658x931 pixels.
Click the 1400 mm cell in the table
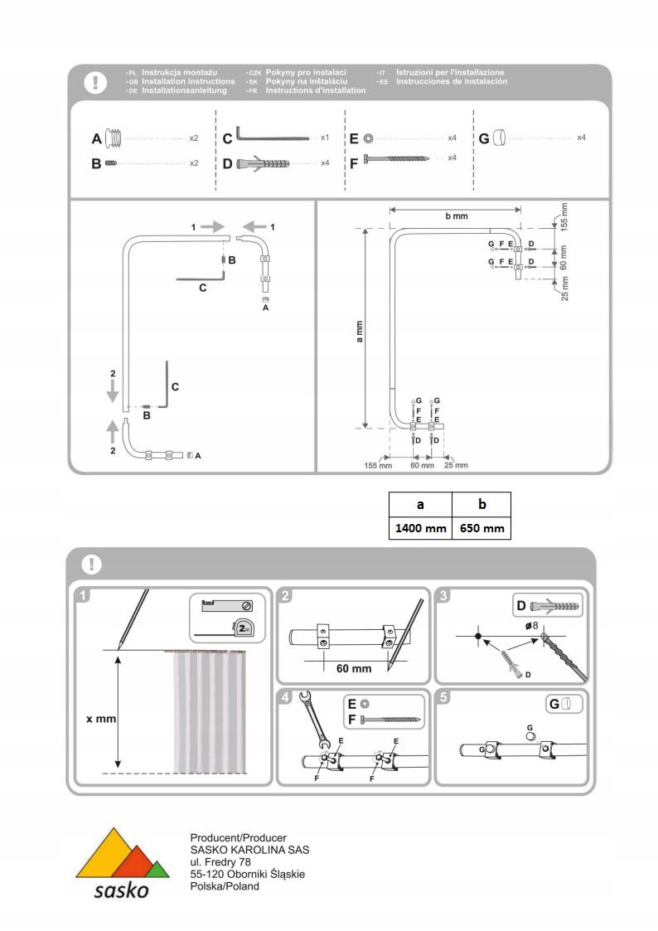[420, 528]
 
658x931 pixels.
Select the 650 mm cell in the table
[481, 528]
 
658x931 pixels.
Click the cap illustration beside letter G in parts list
[499, 137]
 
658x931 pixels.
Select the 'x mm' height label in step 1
[101, 719]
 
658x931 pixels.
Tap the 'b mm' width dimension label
[457, 216]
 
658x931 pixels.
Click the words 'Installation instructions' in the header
[188, 82]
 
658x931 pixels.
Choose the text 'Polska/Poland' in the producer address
[225, 886]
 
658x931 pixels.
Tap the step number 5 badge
[444, 697]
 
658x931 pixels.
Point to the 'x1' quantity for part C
[326, 137]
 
